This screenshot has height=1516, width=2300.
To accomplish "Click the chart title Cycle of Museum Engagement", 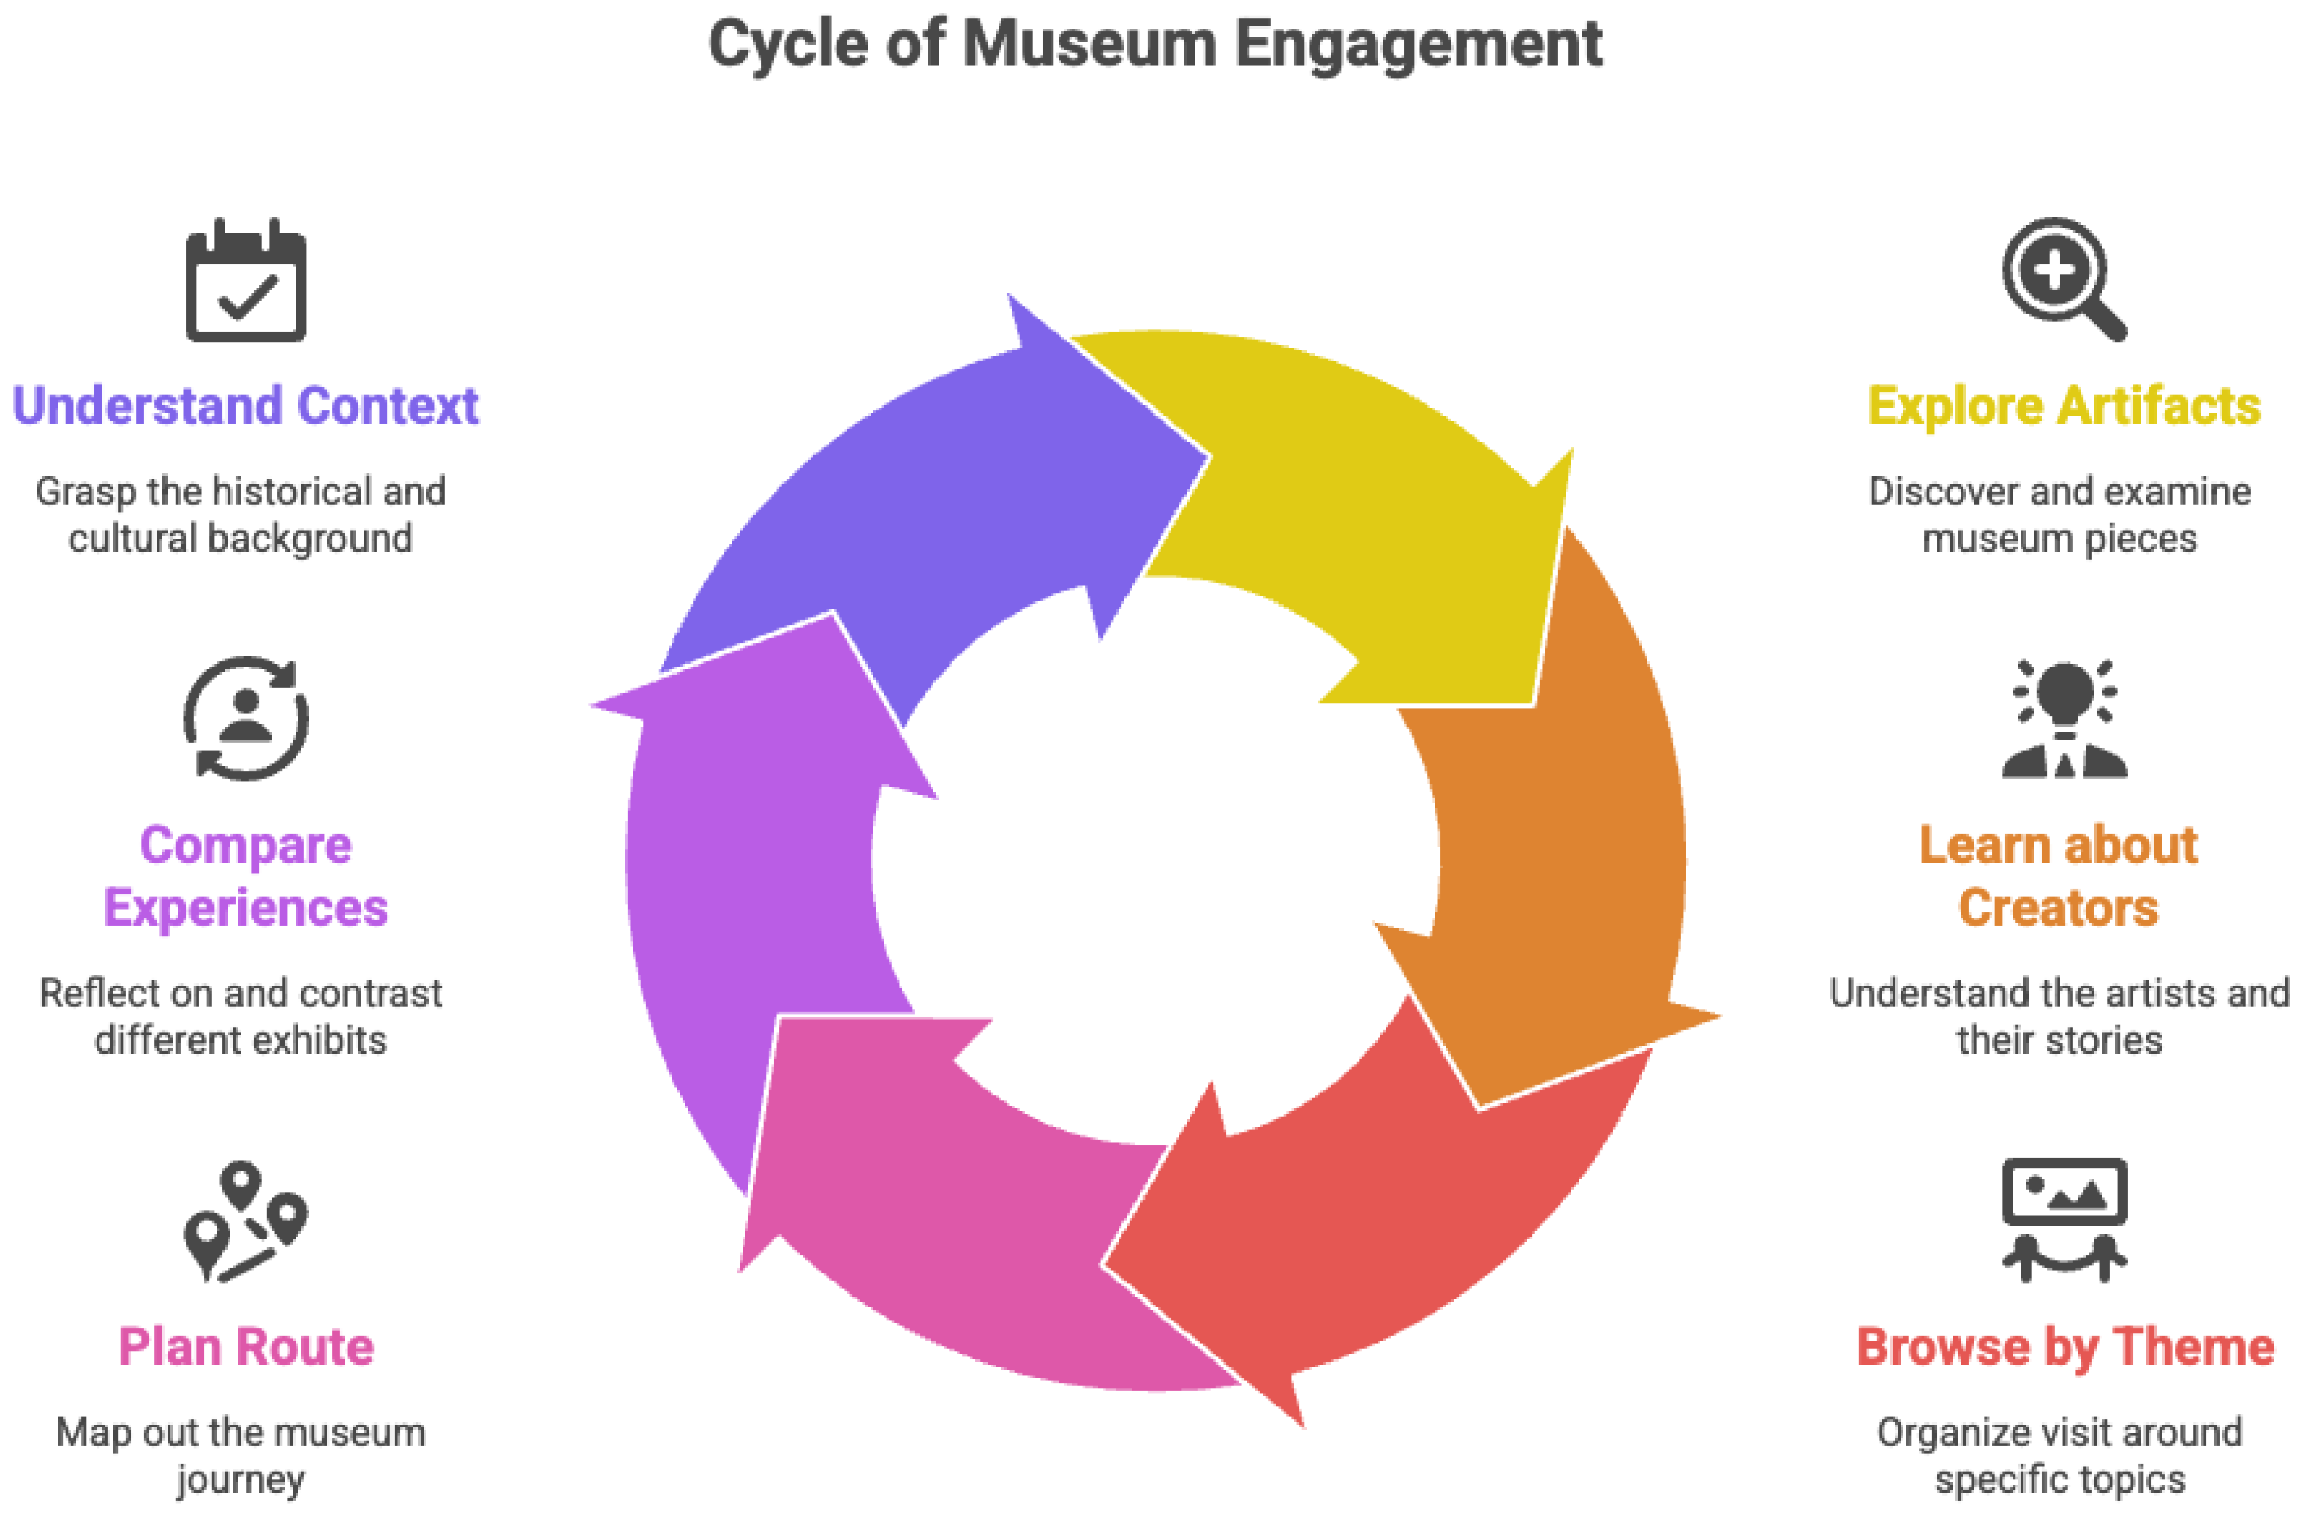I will click(1155, 45).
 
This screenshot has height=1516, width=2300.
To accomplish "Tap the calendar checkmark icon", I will click(246, 282).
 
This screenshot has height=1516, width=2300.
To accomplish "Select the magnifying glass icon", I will click(2062, 279).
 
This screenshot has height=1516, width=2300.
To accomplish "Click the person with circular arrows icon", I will click(246, 718).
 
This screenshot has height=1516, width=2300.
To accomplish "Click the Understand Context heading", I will click(246, 406).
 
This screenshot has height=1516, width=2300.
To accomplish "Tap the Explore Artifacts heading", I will click(2064, 406).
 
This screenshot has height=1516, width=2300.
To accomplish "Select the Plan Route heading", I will click(246, 1347).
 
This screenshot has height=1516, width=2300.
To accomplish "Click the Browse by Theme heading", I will click(2065, 1347).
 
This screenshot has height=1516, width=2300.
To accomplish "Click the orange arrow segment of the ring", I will click(1556, 851).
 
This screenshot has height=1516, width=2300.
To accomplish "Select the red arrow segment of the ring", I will click(1372, 1228).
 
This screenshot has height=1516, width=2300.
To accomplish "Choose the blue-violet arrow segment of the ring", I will click(928, 503).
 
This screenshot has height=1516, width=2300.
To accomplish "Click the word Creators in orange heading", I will click(2059, 908).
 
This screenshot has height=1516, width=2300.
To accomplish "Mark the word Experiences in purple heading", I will click(246, 908).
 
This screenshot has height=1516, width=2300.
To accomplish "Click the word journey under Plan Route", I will click(240, 1480).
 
